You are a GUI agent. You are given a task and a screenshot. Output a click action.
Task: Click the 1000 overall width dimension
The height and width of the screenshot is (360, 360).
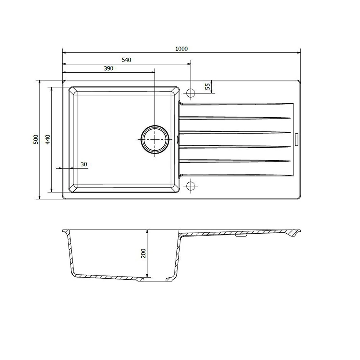coord(182,49)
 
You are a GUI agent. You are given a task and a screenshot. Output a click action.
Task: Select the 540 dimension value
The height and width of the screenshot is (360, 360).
coord(126,60)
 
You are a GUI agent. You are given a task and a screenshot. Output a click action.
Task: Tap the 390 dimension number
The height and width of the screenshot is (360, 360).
coord(109,68)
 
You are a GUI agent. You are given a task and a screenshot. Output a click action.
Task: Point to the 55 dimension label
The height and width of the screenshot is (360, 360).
coord(207,86)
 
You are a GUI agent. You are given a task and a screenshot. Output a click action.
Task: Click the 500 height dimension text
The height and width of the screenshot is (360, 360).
coord(36,139)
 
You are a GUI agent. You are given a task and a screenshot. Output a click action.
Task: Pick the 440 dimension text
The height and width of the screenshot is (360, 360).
coord(48,139)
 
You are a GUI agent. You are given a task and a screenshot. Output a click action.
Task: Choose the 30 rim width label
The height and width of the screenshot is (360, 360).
coord(84,165)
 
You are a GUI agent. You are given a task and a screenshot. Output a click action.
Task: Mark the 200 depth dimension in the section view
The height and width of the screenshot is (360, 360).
coord(143,253)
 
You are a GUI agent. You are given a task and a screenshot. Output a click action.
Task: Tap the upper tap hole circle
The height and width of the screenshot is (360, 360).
coord(190,93)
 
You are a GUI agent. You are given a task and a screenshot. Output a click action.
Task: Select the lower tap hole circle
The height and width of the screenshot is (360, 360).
coord(190,186)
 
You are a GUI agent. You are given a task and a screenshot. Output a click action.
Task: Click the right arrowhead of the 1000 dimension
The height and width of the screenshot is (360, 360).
coord(298,53)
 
